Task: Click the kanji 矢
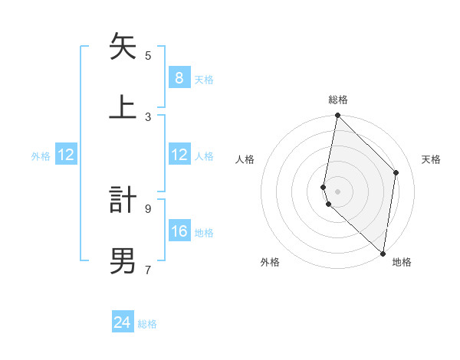[123, 47]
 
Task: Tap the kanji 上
[123, 106]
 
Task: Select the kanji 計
[123, 198]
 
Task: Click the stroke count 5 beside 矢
[148, 55]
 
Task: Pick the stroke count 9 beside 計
[148, 208]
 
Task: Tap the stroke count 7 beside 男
[148, 269]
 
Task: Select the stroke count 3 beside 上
[148, 116]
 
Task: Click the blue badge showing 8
[179, 77]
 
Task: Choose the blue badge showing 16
[179, 231]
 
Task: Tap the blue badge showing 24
[123, 322]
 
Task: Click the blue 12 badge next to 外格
[67, 155]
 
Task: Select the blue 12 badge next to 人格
[179, 155]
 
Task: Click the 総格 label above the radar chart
[338, 100]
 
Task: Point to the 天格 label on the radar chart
[431, 159]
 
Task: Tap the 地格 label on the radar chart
[402, 263]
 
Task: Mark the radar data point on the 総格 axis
[337, 116]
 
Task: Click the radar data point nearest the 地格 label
[383, 253]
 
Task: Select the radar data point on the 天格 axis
[396, 172]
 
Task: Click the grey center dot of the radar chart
[337, 191]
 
